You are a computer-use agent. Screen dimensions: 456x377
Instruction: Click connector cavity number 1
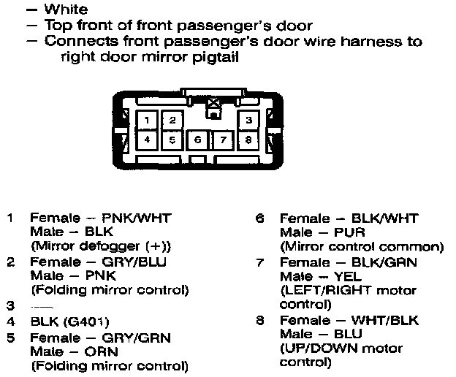tap(148, 120)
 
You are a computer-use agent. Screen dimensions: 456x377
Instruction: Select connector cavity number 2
tap(172, 120)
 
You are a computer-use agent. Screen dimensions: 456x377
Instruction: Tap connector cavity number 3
tap(249, 120)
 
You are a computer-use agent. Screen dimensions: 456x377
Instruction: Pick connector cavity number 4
tap(148, 138)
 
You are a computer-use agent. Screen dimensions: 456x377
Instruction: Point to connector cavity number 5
tap(172, 138)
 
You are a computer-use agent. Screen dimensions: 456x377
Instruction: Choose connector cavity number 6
tap(197, 139)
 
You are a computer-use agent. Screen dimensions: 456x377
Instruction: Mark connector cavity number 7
tap(224, 139)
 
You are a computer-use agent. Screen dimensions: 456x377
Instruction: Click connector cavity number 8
tap(249, 138)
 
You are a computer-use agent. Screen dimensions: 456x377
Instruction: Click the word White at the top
tap(66, 9)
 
